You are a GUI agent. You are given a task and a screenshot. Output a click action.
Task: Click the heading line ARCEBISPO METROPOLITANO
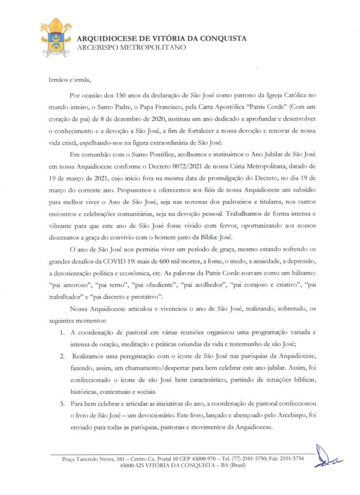[x=131, y=47]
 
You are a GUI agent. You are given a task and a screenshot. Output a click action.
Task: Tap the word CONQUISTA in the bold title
[x=223, y=38]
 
